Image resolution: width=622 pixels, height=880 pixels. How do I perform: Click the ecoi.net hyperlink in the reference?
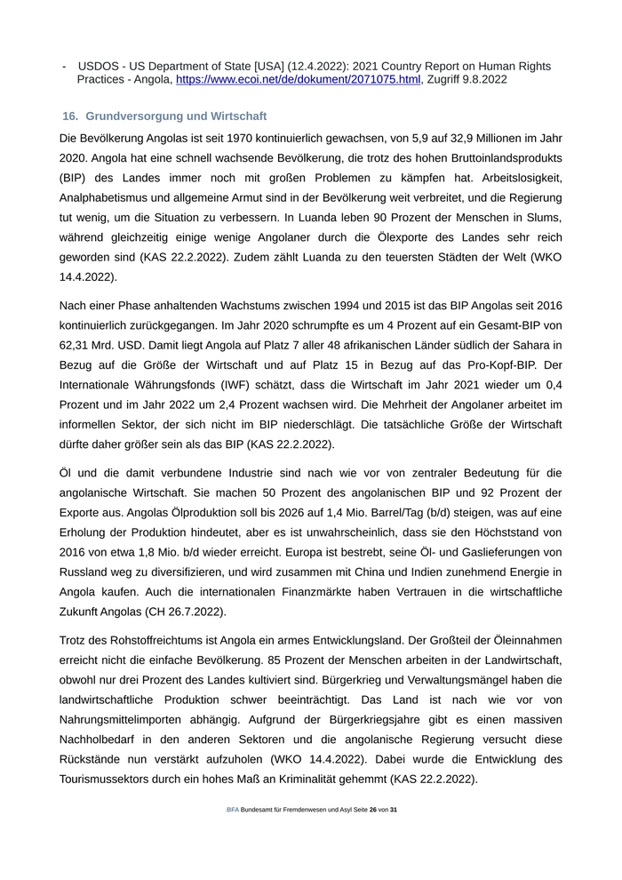298,79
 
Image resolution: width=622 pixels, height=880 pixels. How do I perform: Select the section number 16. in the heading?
71,116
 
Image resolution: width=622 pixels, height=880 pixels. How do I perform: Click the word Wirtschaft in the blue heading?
239,116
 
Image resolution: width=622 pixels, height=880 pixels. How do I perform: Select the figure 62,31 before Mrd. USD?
76,345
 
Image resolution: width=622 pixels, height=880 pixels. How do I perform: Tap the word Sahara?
542,345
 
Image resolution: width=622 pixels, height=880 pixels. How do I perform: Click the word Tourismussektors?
111,779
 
